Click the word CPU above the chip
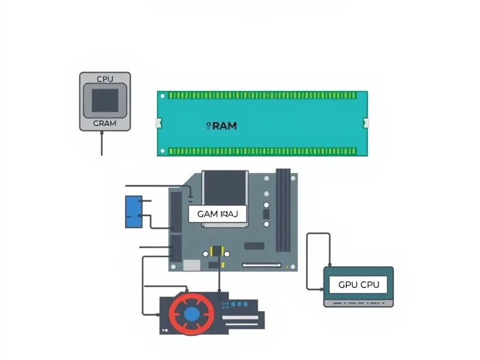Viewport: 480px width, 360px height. [105, 79]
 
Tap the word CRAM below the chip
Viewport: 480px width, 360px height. [105, 123]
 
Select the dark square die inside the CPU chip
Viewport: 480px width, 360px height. [105, 100]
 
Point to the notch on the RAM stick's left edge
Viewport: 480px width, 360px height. [159, 123]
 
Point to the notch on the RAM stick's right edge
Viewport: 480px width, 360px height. [365, 123]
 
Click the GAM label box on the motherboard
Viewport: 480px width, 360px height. [217, 214]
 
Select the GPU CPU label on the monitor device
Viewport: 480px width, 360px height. [358, 285]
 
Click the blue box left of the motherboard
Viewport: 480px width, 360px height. [133, 212]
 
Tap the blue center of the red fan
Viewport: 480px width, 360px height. [192, 313]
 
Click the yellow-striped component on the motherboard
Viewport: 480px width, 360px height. [218, 251]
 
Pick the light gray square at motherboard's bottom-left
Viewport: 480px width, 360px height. [191, 265]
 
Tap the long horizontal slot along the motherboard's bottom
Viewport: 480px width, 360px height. [262, 265]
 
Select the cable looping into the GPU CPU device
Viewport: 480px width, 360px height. [308, 258]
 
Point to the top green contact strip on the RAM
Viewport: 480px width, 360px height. [262, 95]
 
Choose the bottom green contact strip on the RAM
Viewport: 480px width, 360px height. [262, 151]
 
